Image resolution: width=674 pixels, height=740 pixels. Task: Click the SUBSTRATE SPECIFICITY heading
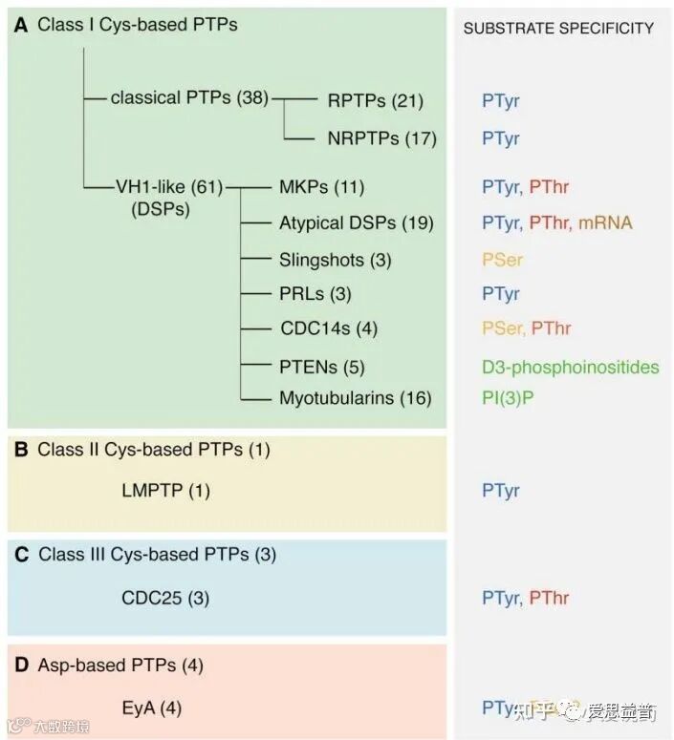558,29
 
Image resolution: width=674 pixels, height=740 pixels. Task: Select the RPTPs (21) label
375,101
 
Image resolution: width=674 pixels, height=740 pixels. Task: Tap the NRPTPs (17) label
381,138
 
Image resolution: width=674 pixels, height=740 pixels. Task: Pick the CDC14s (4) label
329,328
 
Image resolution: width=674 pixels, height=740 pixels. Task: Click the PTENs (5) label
322,366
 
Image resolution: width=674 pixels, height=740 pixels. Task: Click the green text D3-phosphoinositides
571,367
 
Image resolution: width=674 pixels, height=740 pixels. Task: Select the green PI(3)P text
508,397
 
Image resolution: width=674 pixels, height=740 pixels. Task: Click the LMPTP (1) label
165,491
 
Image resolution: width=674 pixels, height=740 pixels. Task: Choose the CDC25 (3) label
164,599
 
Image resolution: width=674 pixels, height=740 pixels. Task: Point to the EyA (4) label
151,708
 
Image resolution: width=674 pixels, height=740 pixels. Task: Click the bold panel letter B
21,448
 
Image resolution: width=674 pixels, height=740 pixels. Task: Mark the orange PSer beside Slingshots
503,259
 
